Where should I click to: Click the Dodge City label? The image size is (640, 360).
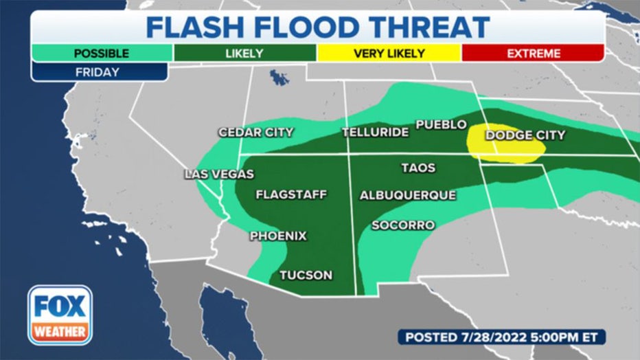click(x=525, y=135)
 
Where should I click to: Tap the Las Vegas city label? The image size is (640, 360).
click(x=219, y=175)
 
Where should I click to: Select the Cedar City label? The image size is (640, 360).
click(x=255, y=133)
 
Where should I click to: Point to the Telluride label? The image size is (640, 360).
click(x=375, y=133)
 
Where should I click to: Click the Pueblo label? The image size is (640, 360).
click(x=441, y=124)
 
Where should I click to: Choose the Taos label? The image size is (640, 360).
click(x=418, y=168)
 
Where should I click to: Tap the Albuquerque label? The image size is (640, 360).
click(x=408, y=195)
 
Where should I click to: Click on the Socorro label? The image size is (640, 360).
click(x=402, y=225)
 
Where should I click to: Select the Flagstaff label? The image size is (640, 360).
click(x=291, y=194)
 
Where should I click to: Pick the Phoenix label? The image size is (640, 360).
click(x=277, y=236)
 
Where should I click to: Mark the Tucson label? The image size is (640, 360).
click(x=306, y=275)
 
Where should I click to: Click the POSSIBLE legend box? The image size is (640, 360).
click(x=101, y=54)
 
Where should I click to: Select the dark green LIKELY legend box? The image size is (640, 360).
click(x=244, y=54)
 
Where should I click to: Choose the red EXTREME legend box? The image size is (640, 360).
click(x=532, y=54)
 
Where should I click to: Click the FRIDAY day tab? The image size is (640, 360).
click(x=99, y=72)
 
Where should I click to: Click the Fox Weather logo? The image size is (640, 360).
click(x=60, y=315)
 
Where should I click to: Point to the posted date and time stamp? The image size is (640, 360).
click(x=501, y=337)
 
